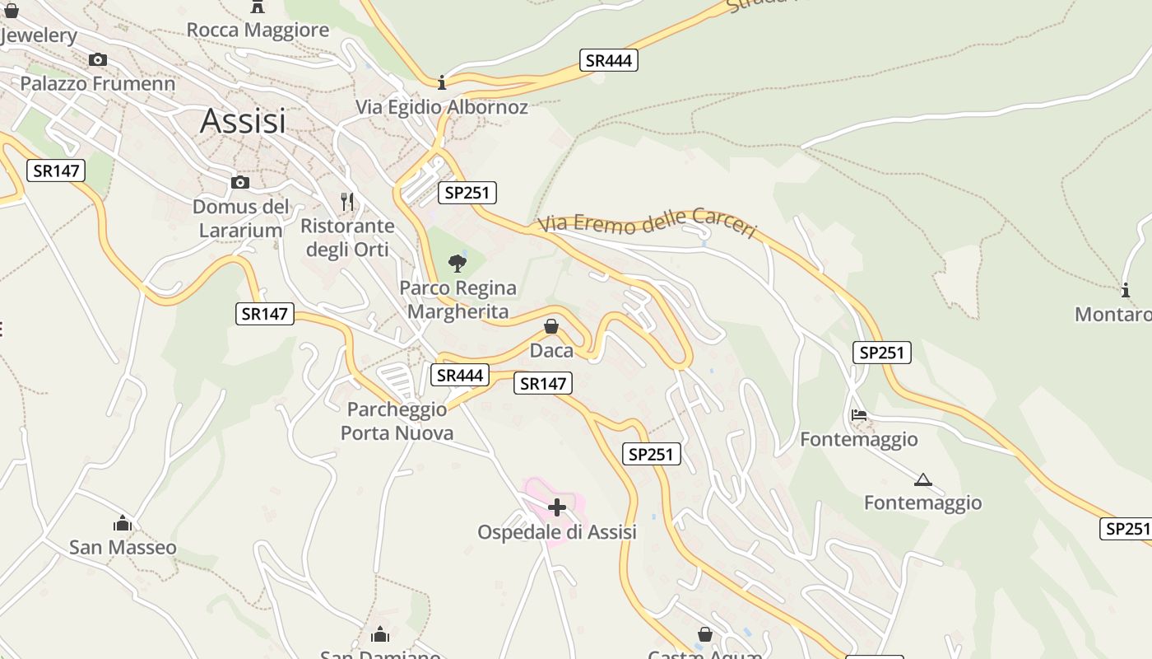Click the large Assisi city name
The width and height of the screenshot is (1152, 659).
click(x=243, y=121)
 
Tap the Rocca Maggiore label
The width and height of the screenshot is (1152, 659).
click(x=258, y=30)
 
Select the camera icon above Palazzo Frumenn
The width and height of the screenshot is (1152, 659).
click(x=98, y=59)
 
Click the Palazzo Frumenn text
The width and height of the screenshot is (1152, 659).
click(x=98, y=83)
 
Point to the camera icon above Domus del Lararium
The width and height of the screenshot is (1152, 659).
click(x=240, y=182)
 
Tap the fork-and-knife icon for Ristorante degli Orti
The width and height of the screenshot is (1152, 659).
click(x=347, y=201)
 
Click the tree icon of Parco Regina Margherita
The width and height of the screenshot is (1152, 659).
click(x=458, y=264)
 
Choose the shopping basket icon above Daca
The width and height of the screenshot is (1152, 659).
click(x=551, y=327)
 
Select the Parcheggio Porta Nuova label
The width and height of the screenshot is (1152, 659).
click(x=397, y=421)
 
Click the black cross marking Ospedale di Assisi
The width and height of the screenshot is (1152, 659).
click(x=557, y=507)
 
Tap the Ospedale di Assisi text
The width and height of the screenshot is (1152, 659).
click(x=557, y=532)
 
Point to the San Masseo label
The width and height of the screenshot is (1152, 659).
click(x=123, y=548)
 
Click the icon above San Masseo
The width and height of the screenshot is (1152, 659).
click(x=123, y=523)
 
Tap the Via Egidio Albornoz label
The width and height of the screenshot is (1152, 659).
click(x=442, y=107)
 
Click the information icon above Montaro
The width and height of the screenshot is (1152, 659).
click(x=1126, y=290)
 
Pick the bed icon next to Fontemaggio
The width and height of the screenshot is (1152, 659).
click(x=859, y=415)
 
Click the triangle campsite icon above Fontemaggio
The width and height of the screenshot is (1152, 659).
click(x=922, y=479)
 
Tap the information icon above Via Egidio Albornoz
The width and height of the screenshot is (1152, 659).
click(x=442, y=82)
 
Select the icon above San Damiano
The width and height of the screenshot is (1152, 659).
click(x=380, y=634)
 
